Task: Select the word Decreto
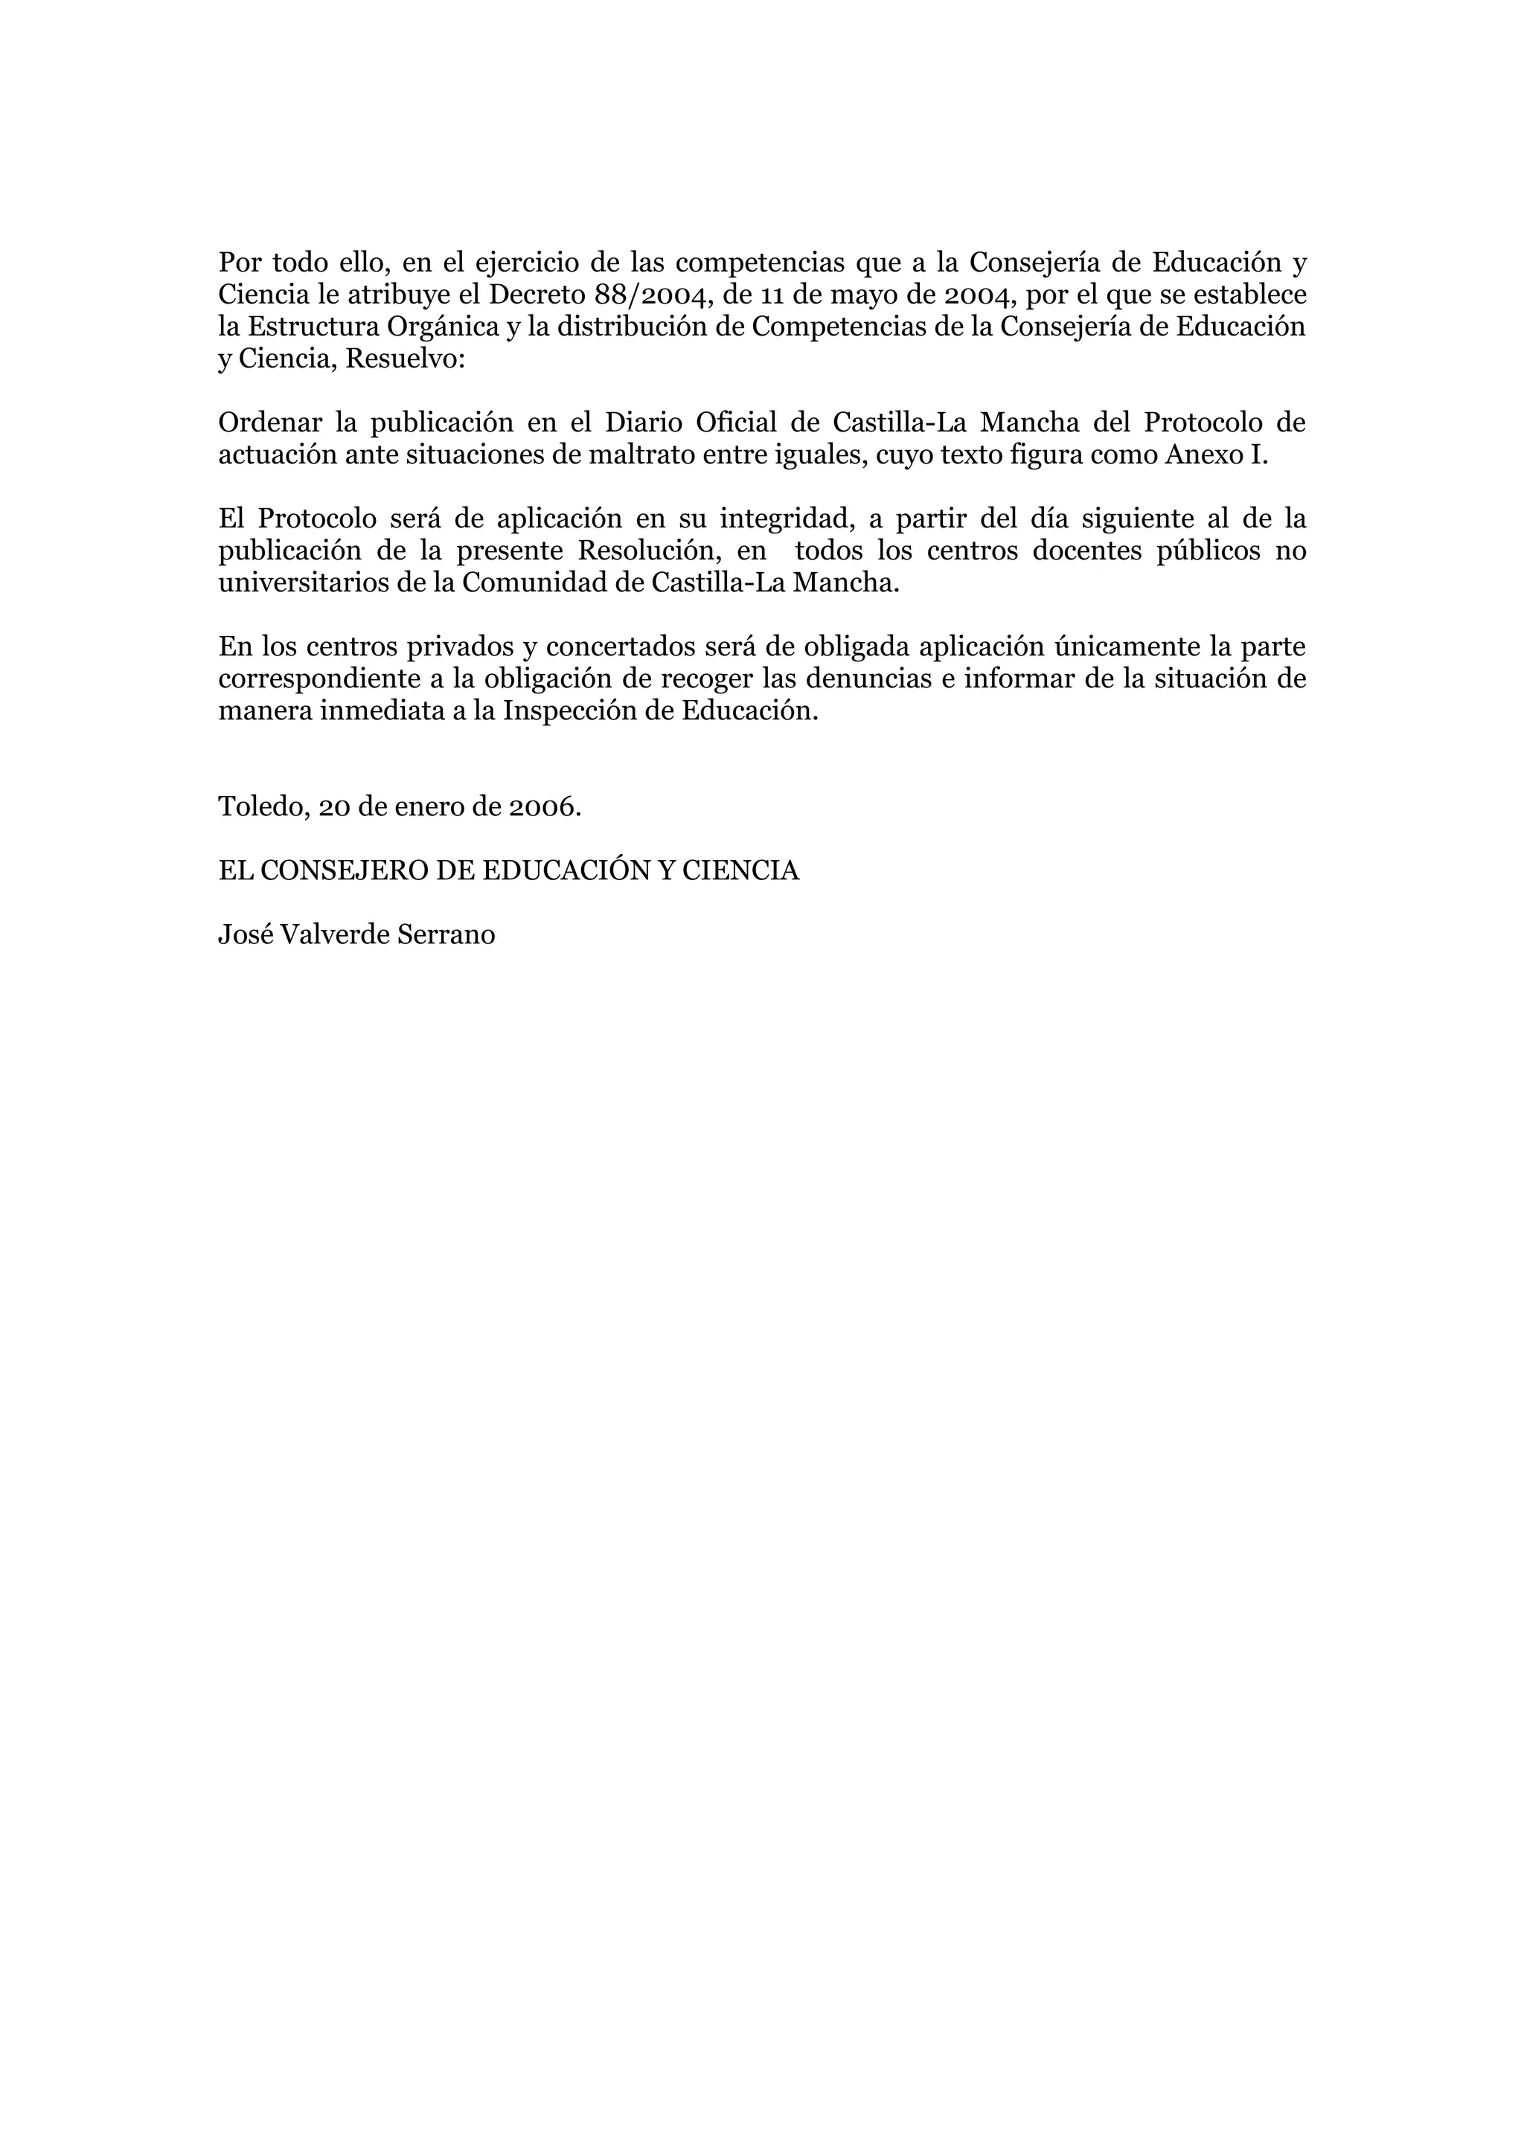pyautogui.click(x=537, y=295)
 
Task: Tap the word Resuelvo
pyautogui.click(x=406, y=359)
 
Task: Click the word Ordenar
pyautogui.click(x=269, y=423)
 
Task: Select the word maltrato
pyautogui.click(x=638, y=455)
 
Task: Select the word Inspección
pyautogui.click(x=569, y=710)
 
